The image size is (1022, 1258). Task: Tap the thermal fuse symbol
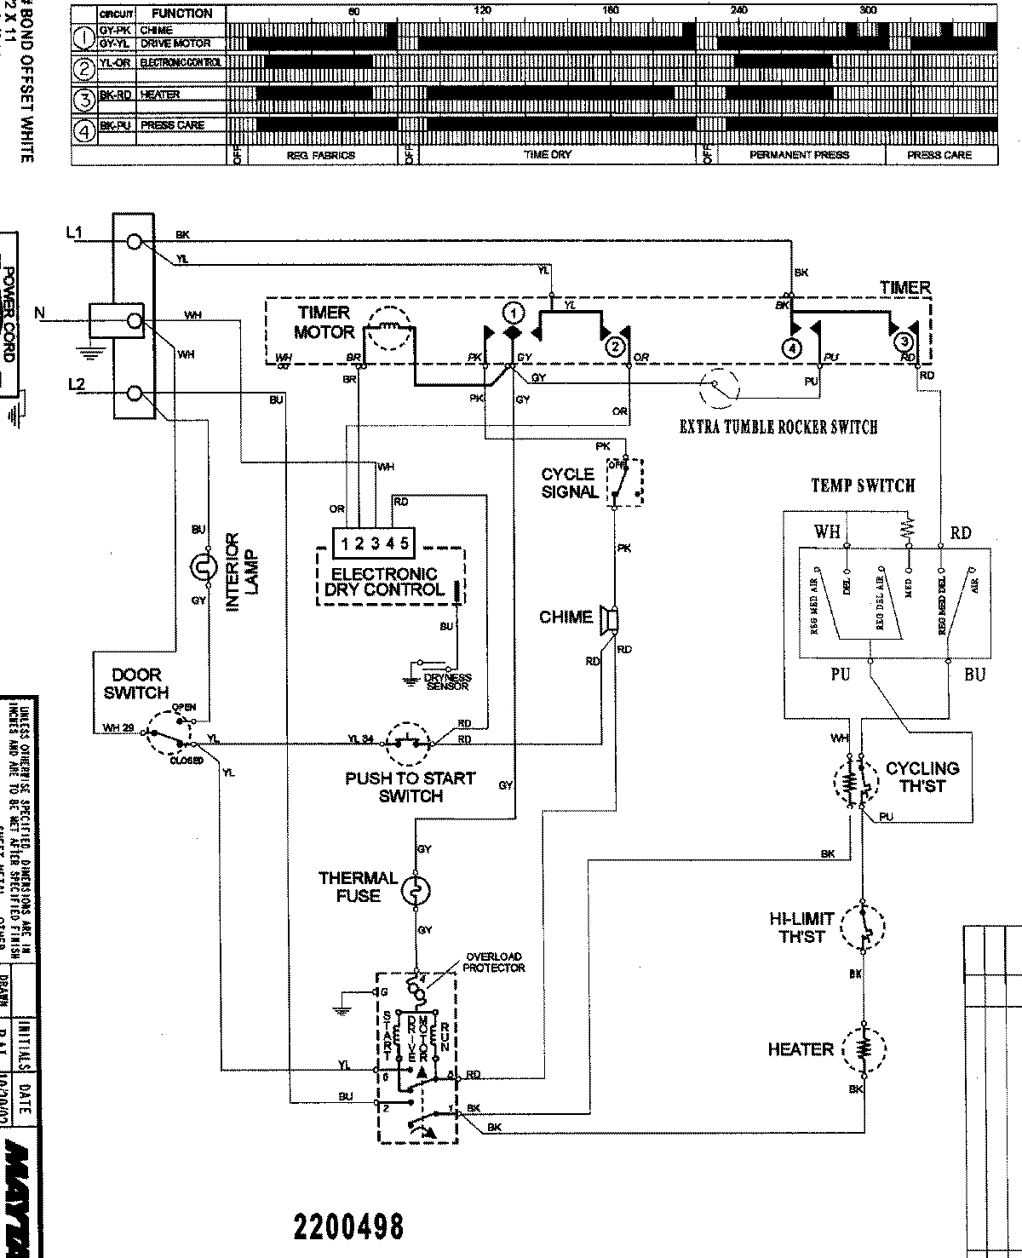tap(417, 890)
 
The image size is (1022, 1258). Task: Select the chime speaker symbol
tap(609, 618)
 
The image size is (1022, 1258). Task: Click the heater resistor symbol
tap(864, 1048)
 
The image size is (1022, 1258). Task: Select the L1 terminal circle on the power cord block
tap(134, 242)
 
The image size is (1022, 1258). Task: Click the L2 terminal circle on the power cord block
tap(134, 393)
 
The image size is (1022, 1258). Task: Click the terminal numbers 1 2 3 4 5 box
tap(372, 543)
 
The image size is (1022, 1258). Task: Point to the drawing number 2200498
tap(347, 1226)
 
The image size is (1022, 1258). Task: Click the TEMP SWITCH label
tap(862, 486)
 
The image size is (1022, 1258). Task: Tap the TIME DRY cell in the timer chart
tap(548, 155)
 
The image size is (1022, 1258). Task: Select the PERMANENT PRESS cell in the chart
tap(799, 155)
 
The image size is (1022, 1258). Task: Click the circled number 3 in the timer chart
tap(84, 100)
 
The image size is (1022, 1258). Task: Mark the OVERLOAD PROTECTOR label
tap(493, 962)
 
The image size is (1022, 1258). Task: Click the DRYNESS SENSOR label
tap(448, 681)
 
